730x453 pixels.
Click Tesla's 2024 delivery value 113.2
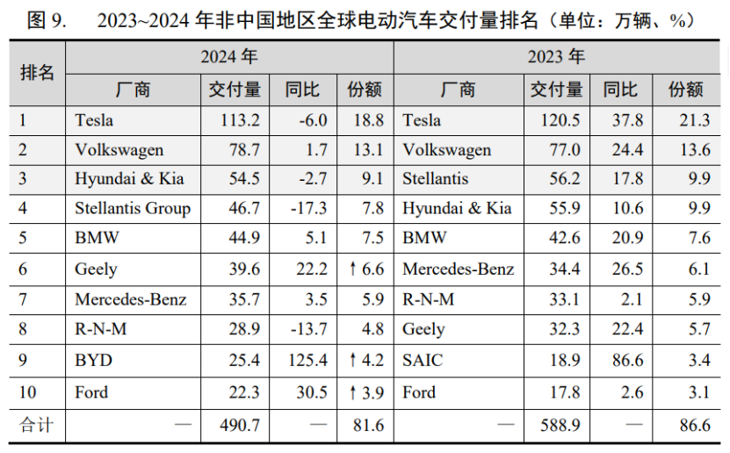pos(243,120)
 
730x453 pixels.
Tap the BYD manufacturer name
pos(94,359)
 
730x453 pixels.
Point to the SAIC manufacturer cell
pos(422,359)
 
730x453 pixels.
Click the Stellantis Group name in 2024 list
pos(132,209)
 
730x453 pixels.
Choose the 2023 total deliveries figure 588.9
pos(561,425)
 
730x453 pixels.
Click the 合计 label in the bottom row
pos(36,425)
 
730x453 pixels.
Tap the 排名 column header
pos(37,72)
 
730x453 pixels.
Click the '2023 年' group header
pos(556,57)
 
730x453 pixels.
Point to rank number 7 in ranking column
pos(24,299)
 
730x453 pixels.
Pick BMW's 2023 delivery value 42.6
pos(563,239)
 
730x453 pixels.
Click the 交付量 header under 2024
pos(234,90)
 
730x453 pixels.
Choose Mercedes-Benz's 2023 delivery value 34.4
pos(563,270)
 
